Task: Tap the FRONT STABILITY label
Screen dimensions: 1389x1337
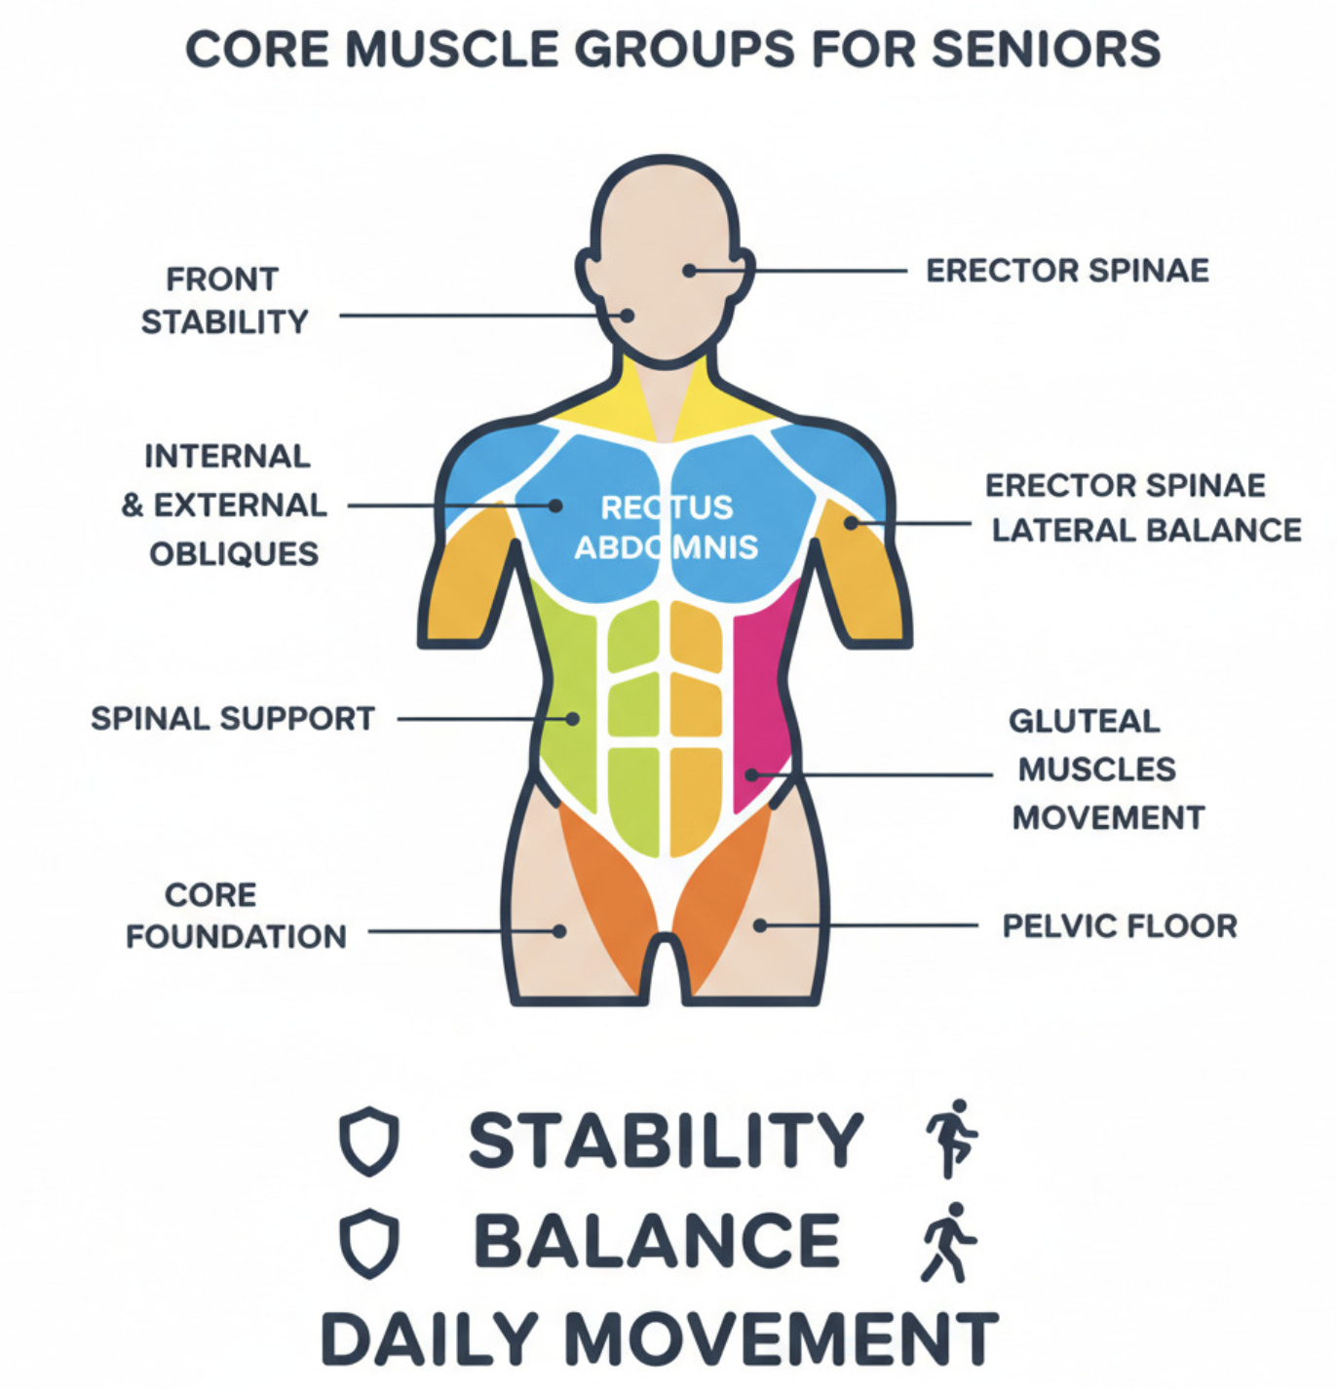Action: click(x=224, y=300)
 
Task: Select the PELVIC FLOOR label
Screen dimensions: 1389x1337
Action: click(x=1120, y=925)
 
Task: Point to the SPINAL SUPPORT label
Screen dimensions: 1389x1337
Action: click(x=233, y=719)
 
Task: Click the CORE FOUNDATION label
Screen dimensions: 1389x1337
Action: click(x=236, y=916)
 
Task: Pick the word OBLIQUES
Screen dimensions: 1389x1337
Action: click(x=234, y=553)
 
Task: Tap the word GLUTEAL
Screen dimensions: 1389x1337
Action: click(x=1085, y=721)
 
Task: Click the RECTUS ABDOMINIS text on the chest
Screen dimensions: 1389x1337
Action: click(x=667, y=527)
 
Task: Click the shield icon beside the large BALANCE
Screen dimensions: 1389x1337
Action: click(x=369, y=1243)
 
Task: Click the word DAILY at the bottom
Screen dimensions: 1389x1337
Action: click(x=430, y=1339)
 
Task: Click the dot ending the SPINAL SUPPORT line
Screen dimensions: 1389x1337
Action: click(x=573, y=719)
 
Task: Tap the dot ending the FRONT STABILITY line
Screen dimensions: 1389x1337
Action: click(x=628, y=316)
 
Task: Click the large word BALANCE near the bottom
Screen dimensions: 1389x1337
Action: click(x=657, y=1242)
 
